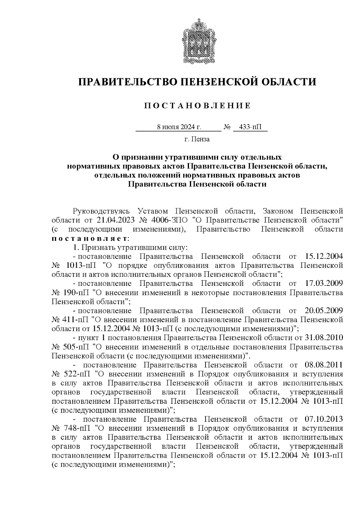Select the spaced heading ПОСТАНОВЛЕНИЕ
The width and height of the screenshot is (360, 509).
point(197,106)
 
